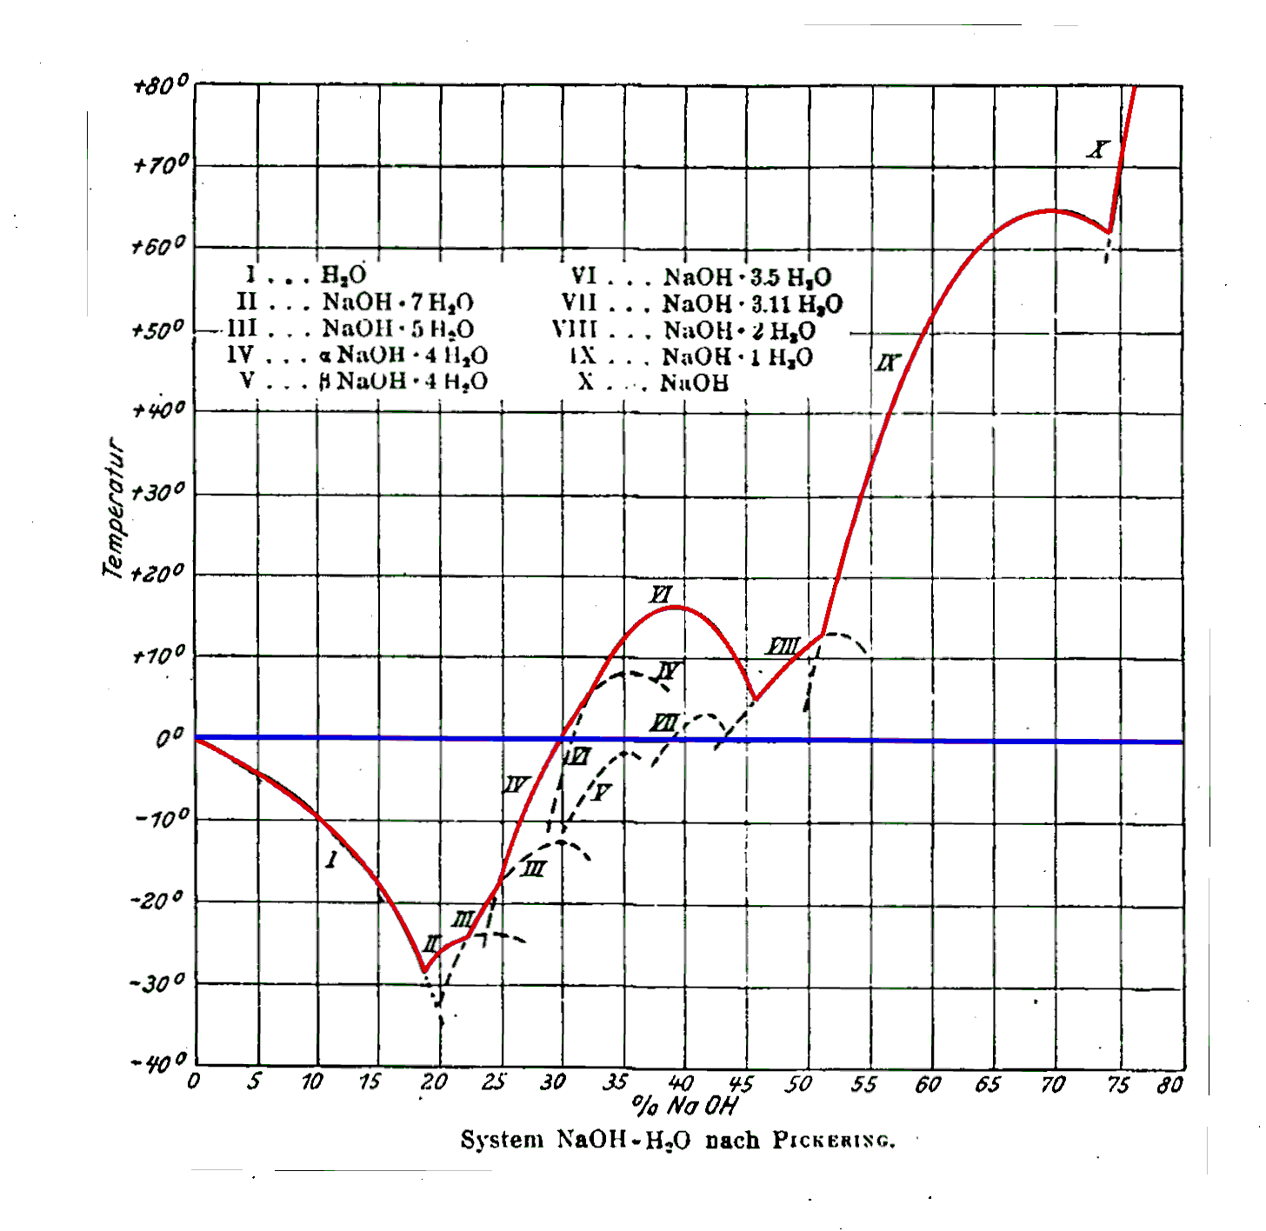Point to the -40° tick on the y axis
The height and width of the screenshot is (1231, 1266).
(160, 1061)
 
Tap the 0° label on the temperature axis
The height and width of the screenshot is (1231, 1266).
(170, 738)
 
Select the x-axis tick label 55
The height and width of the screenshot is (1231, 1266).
(863, 1084)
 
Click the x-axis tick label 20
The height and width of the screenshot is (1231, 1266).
(434, 1082)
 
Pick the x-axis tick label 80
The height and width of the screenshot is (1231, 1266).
(1169, 1084)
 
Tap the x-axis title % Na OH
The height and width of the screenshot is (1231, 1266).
(684, 1107)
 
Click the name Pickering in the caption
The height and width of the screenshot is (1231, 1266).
(833, 1141)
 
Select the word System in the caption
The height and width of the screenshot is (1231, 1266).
(502, 1140)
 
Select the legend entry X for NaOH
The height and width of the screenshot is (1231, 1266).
(652, 383)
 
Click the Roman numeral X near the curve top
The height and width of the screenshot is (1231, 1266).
(1098, 150)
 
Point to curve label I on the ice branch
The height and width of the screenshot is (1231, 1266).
(331, 860)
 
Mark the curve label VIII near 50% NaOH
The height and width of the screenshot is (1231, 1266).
(783, 647)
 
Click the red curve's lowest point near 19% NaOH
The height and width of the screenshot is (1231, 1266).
(424, 970)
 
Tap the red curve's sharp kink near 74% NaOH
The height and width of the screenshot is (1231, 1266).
(1109, 231)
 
